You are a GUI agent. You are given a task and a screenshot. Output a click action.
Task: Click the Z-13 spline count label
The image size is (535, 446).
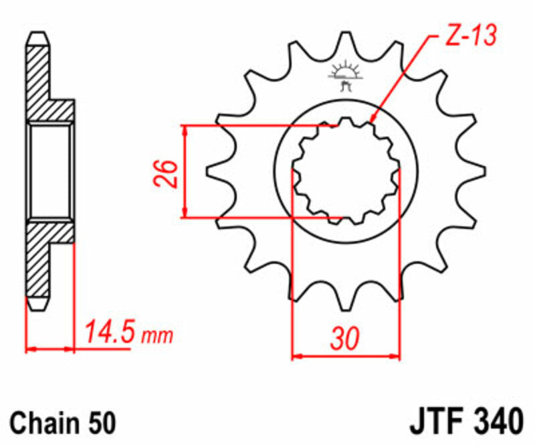[x=471, y=36]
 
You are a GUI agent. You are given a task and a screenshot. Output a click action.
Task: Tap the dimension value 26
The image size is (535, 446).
[x=166, y=173]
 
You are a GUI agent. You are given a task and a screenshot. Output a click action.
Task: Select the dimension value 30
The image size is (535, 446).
[x=345, y=339]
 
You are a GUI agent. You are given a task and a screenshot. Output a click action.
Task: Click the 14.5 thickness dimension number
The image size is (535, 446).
[x=110, y=331]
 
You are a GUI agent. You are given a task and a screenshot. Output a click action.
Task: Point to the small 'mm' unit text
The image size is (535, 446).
[x=157, y=336]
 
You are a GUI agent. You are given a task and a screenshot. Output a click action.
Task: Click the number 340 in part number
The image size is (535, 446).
[x=498, y=421]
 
